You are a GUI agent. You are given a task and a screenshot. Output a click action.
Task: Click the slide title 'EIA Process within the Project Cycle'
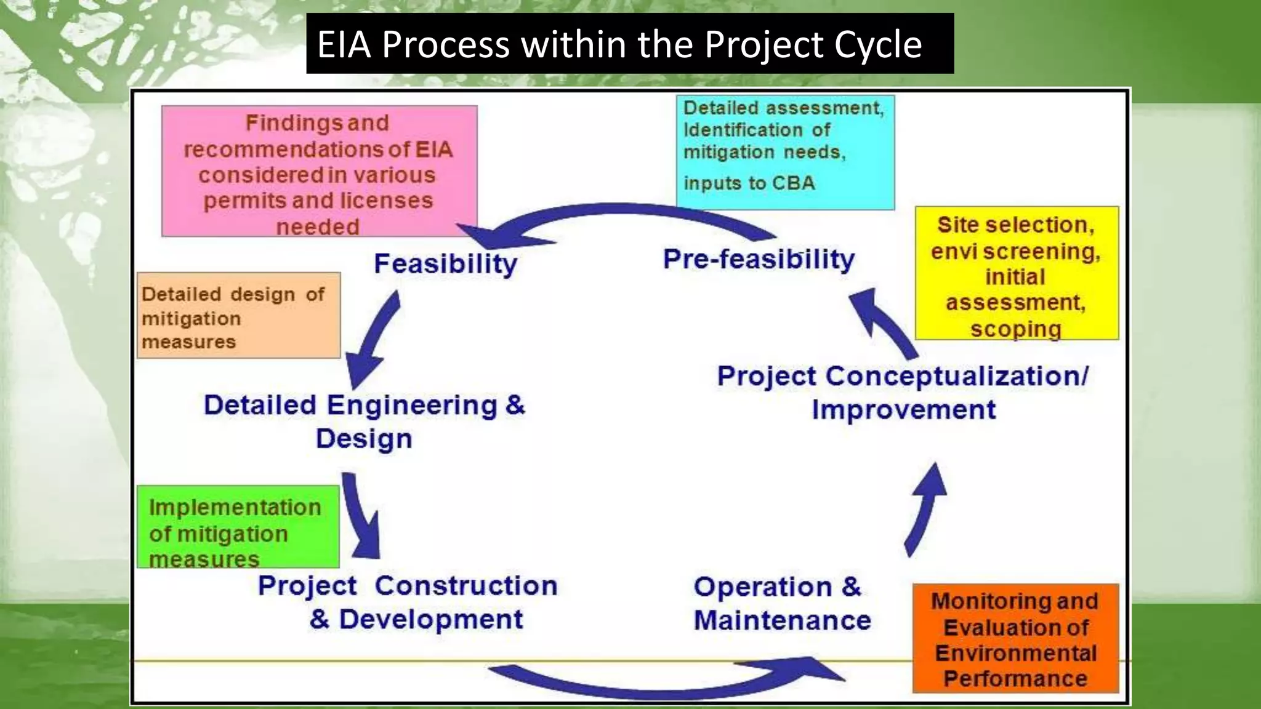click(x=619, y=44)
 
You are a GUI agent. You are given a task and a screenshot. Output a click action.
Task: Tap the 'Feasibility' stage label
click(x=445, y=264)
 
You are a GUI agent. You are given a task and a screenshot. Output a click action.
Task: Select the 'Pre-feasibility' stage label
click(x=759, y=259)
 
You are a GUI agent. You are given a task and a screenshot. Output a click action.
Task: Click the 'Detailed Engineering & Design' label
click(x=364, y=422)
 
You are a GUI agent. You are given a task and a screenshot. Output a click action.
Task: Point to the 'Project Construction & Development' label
click(x=408, y=602)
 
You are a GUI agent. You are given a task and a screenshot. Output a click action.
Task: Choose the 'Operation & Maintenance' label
click(x=781, y=603)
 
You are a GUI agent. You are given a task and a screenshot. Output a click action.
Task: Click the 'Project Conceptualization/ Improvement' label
click(x=903, y=393)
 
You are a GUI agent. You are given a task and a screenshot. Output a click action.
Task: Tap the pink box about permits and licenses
click(x=319, y=171)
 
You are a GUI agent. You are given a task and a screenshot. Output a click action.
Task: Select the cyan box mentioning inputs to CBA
click(x=784, y=152)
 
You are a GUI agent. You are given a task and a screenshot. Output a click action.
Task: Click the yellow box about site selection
click(x=1016, y=273)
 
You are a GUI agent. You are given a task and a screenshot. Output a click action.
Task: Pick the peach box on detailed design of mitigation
click(x=238, y=315)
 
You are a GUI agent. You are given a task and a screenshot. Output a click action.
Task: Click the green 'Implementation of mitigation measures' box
click(x=238, y=526)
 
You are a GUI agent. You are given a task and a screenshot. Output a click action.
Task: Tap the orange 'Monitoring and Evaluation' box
click(x=1015, y=638)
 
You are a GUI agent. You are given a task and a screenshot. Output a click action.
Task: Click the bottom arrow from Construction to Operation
click(x=665, y=683)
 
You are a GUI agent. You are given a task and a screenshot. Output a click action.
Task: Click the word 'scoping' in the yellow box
click(x=1016, y=329)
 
